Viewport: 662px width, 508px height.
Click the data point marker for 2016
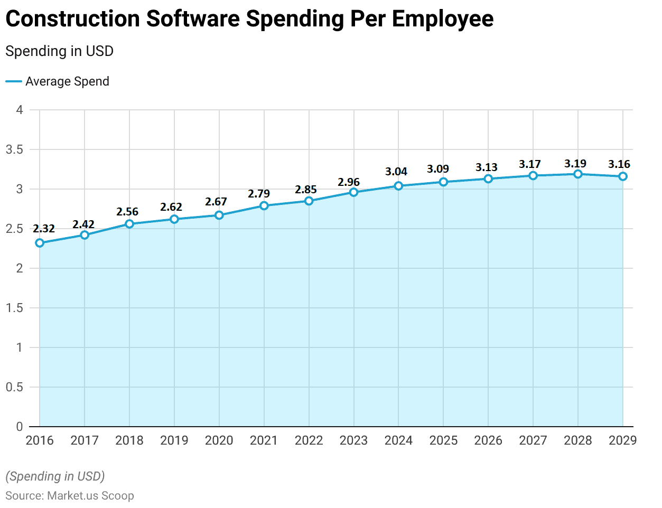tap(40, 243)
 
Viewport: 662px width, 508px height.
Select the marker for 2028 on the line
tap(578, 174)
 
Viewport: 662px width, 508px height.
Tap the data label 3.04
tap(396, 172)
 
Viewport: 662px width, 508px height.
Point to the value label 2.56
tap(127, 212)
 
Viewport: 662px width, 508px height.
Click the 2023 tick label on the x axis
tap(353, 440)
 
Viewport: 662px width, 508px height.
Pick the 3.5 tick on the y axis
tap(14, 149)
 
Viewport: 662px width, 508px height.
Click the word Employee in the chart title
tap(443, 19)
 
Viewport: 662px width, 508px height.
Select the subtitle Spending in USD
tap(59, 51)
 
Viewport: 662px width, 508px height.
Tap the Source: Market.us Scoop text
tap(70, 495)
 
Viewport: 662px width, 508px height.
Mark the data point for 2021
tap(264, 205)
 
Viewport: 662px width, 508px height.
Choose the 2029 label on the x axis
tap(622, 440)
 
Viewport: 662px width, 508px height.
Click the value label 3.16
tap(619, 164)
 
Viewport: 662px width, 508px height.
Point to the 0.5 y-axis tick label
tap(14, 387)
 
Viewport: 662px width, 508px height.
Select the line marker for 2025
tap(443, 182)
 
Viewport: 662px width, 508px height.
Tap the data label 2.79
tap(259, 194)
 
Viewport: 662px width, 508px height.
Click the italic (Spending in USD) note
tap(55, 476)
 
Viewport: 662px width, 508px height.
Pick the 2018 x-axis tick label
tap(129, 440)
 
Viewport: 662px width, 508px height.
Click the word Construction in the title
tap(72, 19)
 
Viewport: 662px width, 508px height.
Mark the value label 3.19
tap(575, 164)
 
